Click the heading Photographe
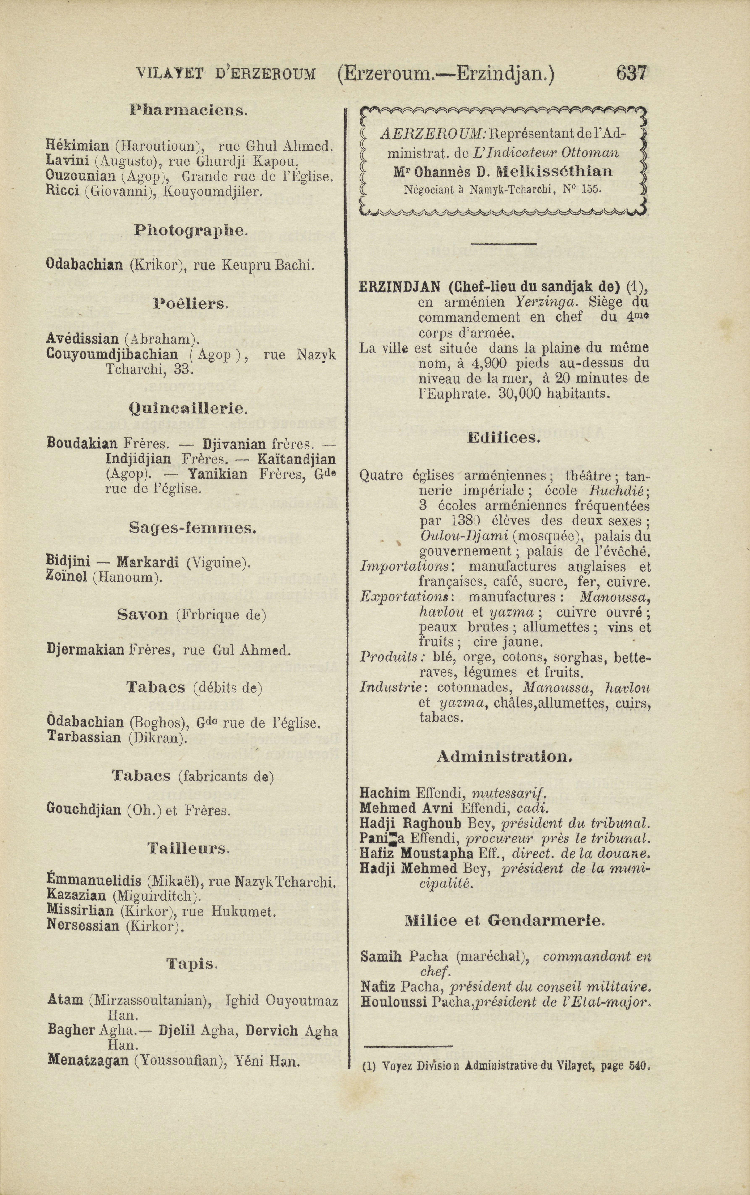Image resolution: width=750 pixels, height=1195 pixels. tap(190, 231)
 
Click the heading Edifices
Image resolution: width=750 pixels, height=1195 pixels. tap(503, 438)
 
